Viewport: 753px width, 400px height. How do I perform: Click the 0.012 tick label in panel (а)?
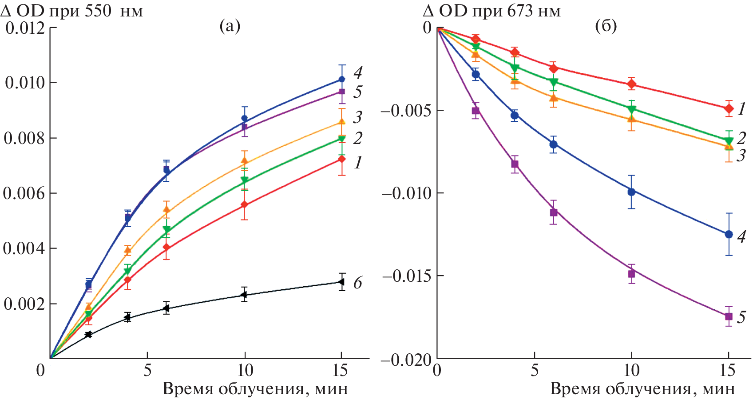(25, 28)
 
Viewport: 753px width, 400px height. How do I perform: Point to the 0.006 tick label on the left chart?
(24, 193)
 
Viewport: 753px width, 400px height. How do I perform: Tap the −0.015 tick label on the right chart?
(406, 276)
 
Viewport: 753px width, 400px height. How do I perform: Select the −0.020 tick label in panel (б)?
(406, 360)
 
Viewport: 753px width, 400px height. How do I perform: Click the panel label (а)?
(230, 27)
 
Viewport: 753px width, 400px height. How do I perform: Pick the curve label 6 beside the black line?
(357, 283)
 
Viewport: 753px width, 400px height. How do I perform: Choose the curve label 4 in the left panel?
(358, 72)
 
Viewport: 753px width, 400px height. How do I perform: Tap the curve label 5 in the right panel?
(741, 317)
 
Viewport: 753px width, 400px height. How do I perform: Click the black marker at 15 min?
(341, 282)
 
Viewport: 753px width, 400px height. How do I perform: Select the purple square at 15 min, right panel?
(729, 316)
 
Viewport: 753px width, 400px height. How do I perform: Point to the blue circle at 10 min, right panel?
(631, 192)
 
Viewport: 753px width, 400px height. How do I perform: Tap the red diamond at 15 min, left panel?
(341, 159)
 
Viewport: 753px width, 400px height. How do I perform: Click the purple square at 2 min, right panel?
(476, 111)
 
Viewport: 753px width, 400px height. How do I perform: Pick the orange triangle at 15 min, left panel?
(341, 121)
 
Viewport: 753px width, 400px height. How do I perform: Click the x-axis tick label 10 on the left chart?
(245, 370)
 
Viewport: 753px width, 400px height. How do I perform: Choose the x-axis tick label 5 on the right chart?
(535, 370)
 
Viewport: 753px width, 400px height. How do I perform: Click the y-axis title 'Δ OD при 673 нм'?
(491, 11)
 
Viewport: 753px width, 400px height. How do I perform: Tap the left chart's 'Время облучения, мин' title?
(255, 389)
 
